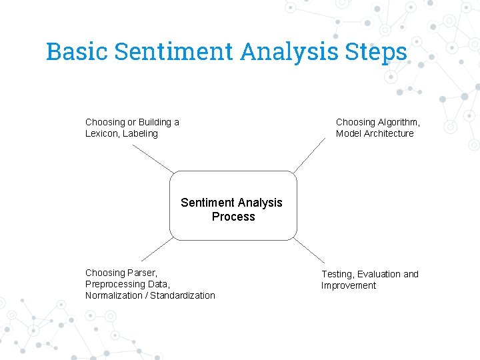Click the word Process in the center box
click(x=233, y=217)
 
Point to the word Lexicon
click(x=101, y=133)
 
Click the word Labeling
click(x=140, y=133)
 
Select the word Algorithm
click(x=399, y=122)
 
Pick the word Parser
click(x=141, y=273)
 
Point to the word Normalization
click(x=113, y=295)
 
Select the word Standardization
click(x=183, y=295)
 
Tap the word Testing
click(x=337, y=274)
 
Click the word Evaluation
click(x=379, y=274)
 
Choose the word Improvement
click(x=349, y=285)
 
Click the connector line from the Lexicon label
click(x=153, y=158)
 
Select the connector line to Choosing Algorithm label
click(x=309, y=157)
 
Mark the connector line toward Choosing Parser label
click(x=157, y=250)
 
